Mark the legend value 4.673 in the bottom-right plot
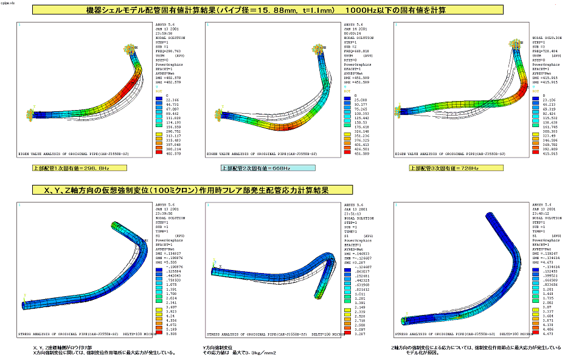(543, 333)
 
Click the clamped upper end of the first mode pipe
(131, 49)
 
